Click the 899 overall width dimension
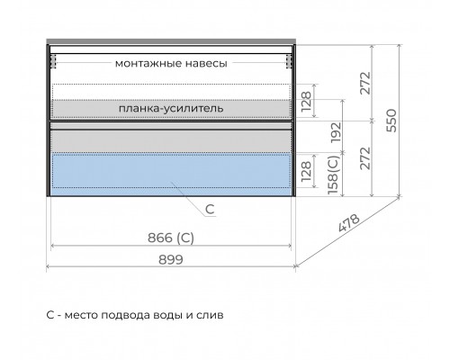pyautogui.click(x=171, y=260)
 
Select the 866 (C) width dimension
pyautogui.click(x=171, y=238)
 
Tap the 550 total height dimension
pyautogui.click(x=391, y=121)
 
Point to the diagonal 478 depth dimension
pyautogui.click(x=348, y=223)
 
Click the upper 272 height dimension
pyautogui.click(x=365, y=83)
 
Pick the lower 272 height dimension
pyautogui.click(x=365, y=158)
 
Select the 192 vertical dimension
pyautogui.click(x=336, y=132)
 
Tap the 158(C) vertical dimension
pyautogui.click(x=333, y=175)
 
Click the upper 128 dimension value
pyautogui.click(x=306, y=101)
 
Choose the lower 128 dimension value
pyautogui.click(x=306, y=171)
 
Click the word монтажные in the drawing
pyautogui.click(x=148, y=64)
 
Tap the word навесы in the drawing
pyautogui.click(x=206, y=64)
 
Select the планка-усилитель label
pyautogui.click(x=171, y=108)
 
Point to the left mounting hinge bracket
pyautogui.click(x=53, y=61)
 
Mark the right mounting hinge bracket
pyautogui.click(x=289, y=61)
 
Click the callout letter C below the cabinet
pyautogui.click(x=210, y=209)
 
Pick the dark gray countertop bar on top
pyautogui.click(x=171, y=41)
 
